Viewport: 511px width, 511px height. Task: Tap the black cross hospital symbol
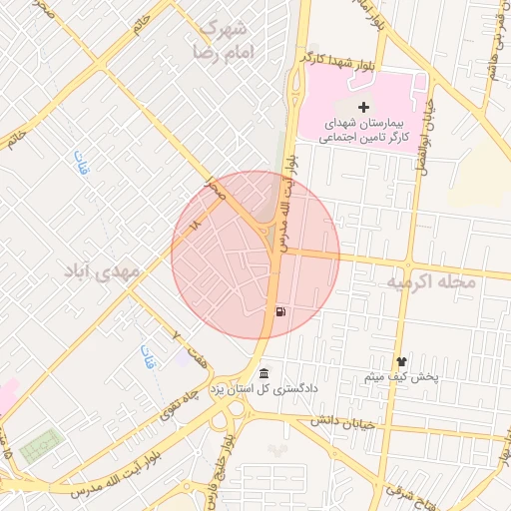click(x=362, y=106)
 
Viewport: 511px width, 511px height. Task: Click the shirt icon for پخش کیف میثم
click(x=401, y=363)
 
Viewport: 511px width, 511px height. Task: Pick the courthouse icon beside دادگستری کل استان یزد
click(x=263, y=374)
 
